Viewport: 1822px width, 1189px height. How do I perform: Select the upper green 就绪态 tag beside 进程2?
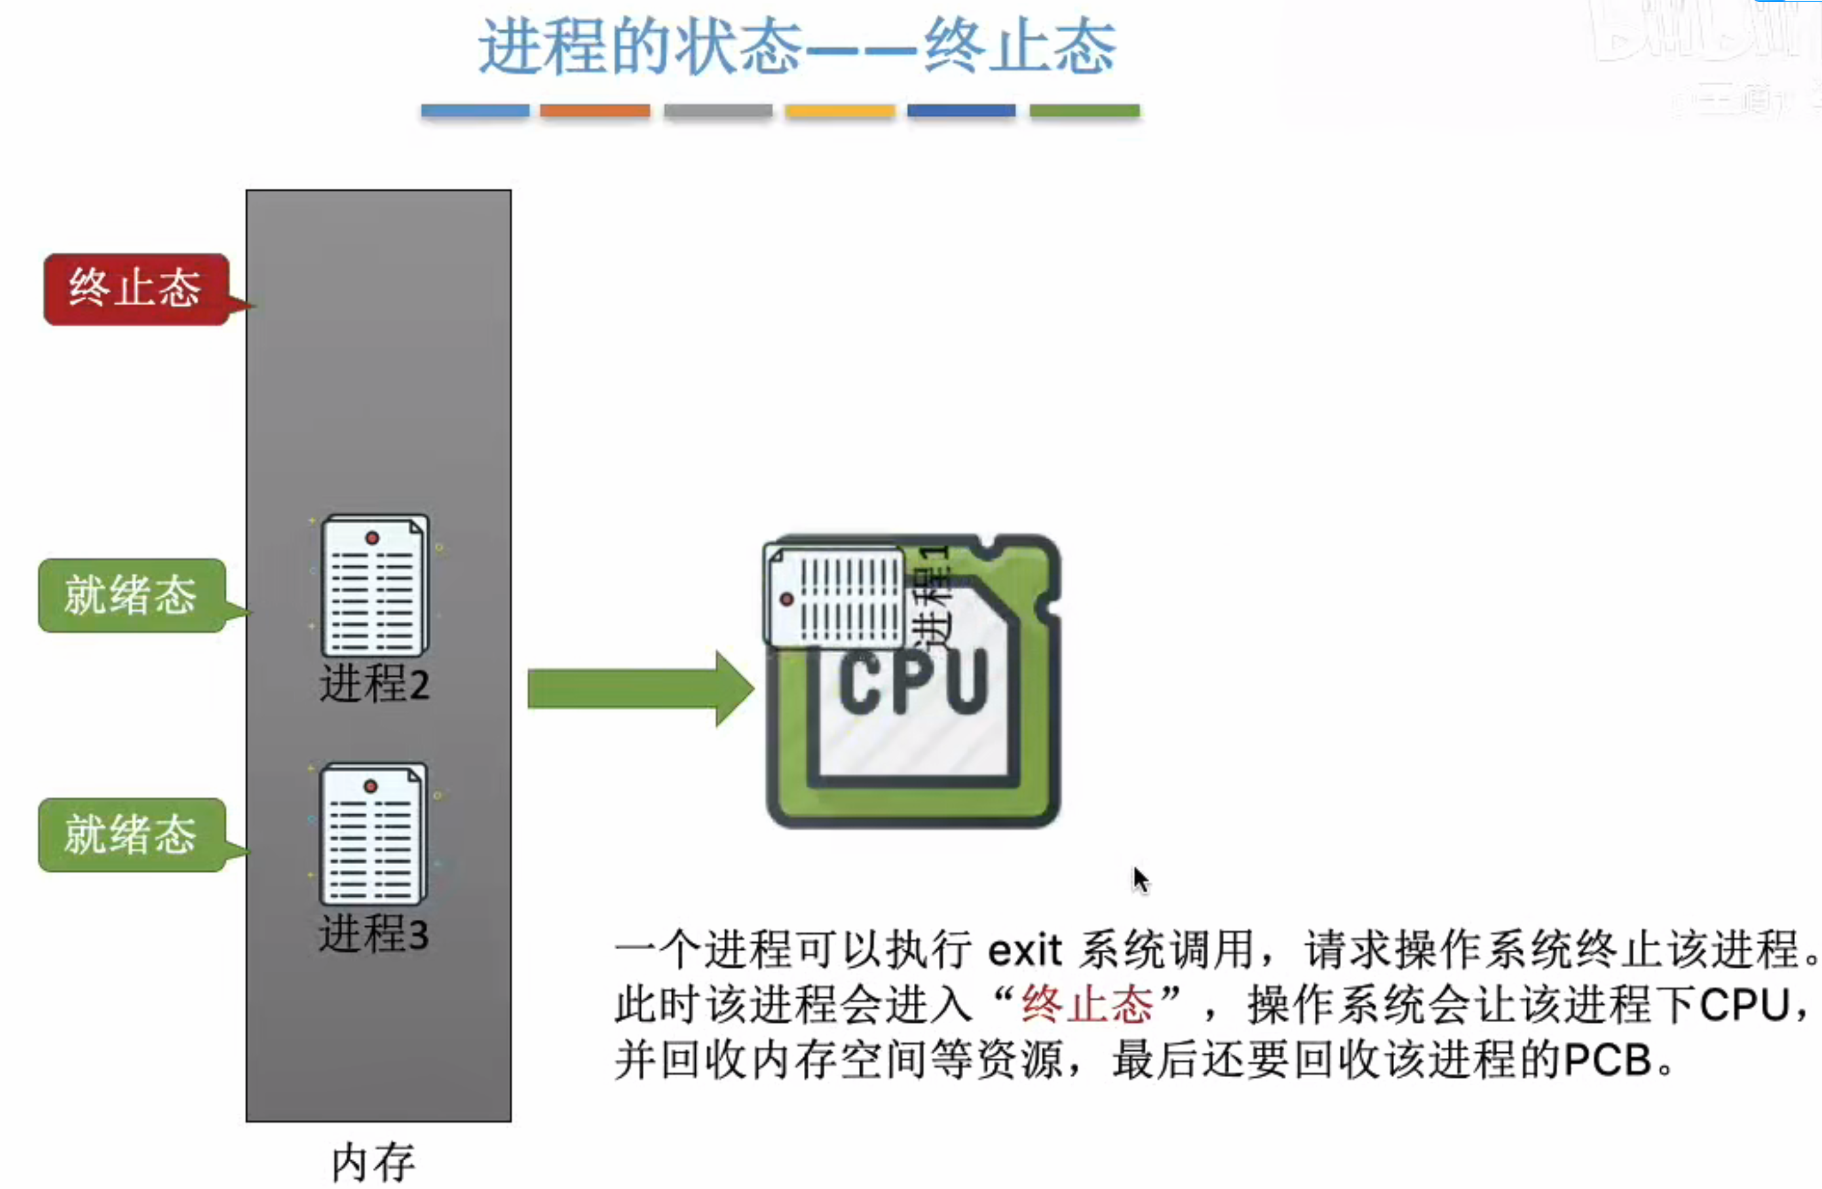coord(131,595)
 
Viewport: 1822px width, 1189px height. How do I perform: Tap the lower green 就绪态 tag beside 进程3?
coord(131,835)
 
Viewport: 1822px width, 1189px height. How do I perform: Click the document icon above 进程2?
coord(374,586)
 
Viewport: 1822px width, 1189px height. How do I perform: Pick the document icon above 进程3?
coord(373,835)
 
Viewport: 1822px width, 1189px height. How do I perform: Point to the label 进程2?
coord(374,684)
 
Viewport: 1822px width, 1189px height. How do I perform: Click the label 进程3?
coord(373,934)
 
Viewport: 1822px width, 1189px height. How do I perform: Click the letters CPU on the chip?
coord(913,681)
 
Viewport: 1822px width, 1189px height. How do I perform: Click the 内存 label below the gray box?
coord(373,1162)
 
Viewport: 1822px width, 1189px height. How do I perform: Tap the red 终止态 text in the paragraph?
coord(1087,1004)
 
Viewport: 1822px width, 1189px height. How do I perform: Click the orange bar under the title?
coord(595,111)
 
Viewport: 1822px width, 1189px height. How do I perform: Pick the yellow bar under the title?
coord(840,111)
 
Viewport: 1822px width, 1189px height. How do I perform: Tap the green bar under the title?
coord(1084,111)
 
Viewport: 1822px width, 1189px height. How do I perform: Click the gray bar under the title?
coord(718,111)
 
